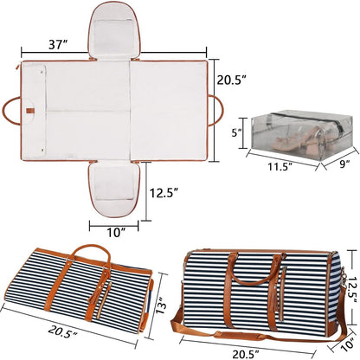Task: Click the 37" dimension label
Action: (58, 45)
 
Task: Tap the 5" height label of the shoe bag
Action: (238, 133)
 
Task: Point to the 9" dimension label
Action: (344, 164)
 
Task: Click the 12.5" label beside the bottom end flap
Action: (164, 192)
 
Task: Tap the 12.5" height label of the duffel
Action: (351, 289)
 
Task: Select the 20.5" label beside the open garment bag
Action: (231, 80)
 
